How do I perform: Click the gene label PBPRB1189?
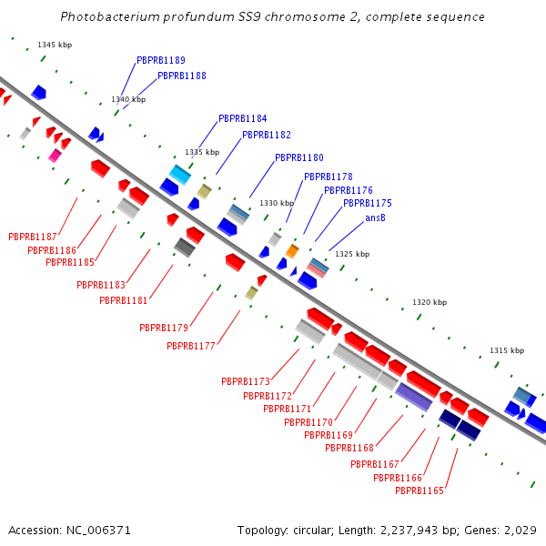(x=161, y=60)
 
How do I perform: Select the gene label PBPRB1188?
(x=182, y=76)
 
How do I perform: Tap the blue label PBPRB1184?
(x=243, y=118)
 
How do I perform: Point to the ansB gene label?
(x=376, y=217)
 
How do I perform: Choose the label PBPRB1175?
(x=368, y=203)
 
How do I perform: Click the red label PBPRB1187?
(x=33, y=237)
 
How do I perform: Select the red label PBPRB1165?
(x=420, y=490)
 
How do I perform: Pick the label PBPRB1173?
(x=246, y=381)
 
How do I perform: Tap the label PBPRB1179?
(x=164, y=328)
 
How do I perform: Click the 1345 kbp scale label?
(x=54, y=45)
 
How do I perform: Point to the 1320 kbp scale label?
(x=430, y=302)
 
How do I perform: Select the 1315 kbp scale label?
(x=507, y=350)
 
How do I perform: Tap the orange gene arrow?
(x=292, y=250)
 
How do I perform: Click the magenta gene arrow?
(x=56, y=156)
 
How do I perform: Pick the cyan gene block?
(x=179, y=174)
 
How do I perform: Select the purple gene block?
(x=414, y=396)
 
